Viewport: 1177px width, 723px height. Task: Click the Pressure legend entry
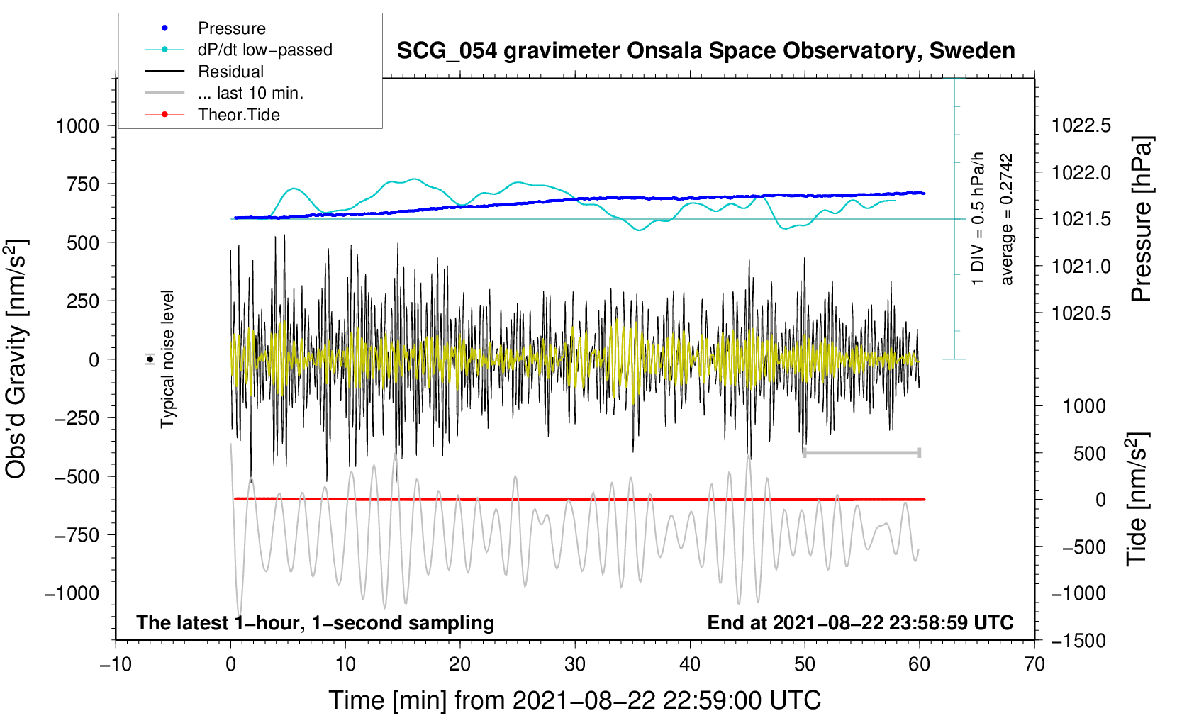(231, 28)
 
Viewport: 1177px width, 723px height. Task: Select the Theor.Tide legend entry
(238, 115)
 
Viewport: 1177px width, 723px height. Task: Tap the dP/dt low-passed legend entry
(264, 50)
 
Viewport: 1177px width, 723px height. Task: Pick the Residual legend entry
(230, 72)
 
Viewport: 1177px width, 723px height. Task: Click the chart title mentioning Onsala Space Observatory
(705, 51)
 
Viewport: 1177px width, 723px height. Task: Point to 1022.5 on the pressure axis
(1081, 126)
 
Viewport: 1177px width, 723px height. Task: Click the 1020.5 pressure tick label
(1081, 313)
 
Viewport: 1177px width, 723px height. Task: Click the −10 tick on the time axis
(116, 665)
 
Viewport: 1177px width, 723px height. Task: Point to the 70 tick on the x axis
(1034, 665)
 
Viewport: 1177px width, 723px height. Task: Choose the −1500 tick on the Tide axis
(1078, 641)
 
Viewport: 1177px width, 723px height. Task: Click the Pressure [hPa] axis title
(1142, 220)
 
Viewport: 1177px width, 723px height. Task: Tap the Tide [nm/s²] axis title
(1137, 499)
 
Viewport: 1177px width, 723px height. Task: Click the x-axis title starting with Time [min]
(574, 700)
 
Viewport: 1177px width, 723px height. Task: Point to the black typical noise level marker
(150, 359)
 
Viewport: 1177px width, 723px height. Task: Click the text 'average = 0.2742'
(1007, 220)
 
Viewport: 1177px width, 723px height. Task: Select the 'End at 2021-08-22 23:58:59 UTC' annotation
(860, 623)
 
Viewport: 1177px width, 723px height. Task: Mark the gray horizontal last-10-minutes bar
(862, 452)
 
